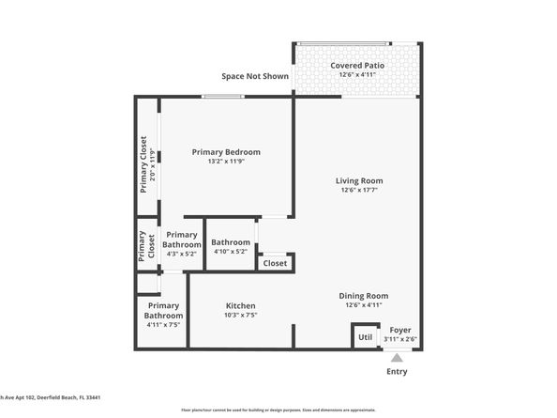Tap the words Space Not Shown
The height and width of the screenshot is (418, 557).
255,77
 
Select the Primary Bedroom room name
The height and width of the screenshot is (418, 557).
226,151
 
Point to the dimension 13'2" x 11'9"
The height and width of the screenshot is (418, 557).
226,161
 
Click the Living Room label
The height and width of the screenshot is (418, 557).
360,180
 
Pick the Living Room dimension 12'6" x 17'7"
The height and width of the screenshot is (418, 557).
360,190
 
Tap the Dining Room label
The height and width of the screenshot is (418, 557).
363,296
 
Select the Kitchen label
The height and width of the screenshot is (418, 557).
240,306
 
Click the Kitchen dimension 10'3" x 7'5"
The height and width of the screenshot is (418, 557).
240,316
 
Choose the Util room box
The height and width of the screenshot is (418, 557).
365,336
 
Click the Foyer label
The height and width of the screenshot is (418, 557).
400,330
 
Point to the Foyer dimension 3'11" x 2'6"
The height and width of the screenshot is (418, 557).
400,339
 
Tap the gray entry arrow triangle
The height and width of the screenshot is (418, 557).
397,358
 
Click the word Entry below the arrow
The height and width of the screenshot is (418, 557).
397,372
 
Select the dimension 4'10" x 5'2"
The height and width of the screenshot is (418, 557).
230,251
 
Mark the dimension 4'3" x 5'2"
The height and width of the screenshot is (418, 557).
182,254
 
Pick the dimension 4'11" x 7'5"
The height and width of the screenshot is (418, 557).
162,325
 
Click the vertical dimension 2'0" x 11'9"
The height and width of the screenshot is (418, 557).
153,165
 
